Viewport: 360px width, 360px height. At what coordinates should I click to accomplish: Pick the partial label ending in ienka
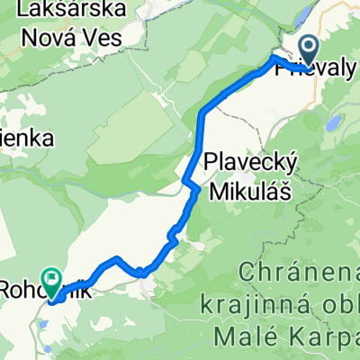click(28, 139)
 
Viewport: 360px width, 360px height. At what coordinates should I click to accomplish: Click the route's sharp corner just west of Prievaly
click(274, 59)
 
